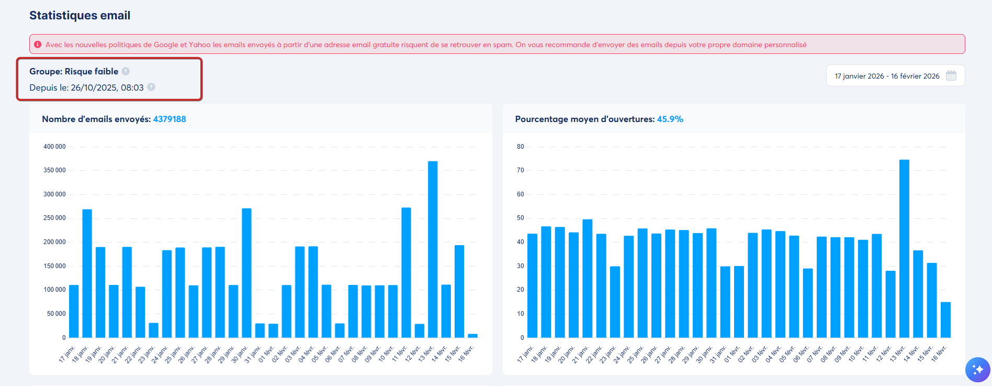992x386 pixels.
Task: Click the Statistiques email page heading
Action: click(x=80, y=16)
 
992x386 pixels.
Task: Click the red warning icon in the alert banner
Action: click(x=38, y=45)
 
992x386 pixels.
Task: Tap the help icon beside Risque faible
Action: click(x=126, y=71)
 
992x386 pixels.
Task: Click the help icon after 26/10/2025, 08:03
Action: click(x=151, y=87)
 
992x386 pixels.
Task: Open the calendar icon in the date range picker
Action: click(x=951, y=76)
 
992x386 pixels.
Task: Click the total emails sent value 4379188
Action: click(x=170, y=119)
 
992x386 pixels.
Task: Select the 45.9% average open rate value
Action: click(x=670, y=119)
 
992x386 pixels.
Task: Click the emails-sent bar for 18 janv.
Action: click(x=87, y=273)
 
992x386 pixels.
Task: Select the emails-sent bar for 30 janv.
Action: click(x=246, y=273)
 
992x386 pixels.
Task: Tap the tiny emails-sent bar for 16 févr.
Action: click(x=472, y=336)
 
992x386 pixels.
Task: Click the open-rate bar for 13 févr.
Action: click(x=904, y=249)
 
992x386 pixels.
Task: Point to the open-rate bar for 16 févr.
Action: click(x=945, y=320)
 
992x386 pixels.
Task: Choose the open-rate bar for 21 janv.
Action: click(x=587, y=279)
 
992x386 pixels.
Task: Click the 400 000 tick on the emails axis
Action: click(x=54, y=147)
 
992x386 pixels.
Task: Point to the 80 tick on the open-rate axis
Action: click(x=520, y=147)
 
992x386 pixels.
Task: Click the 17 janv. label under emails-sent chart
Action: click(x=67, y=354)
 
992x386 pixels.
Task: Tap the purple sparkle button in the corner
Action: click(x=977, y=370)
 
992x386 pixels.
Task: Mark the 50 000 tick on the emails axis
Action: click(x=56, y=314)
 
